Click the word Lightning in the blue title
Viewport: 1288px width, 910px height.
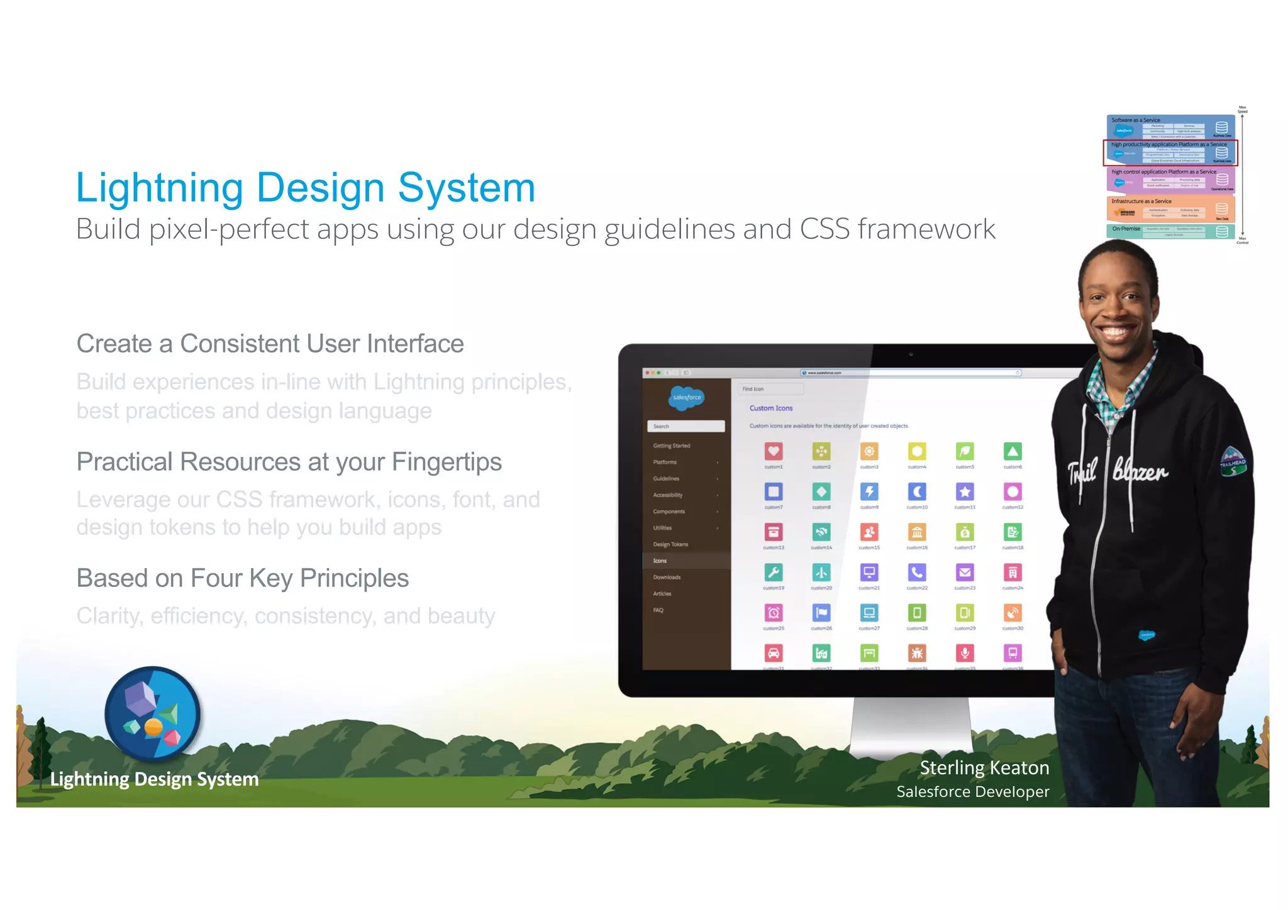tap(159, 188)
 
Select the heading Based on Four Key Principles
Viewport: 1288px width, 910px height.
tap(242, 578)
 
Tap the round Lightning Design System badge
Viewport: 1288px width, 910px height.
tap(152, 713)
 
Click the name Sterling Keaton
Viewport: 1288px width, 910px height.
tap(984, 767)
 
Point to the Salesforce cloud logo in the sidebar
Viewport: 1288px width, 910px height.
tap(686, 397)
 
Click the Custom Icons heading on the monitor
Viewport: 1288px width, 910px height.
tap(770, 408)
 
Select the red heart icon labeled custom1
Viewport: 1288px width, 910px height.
tap(774, 451)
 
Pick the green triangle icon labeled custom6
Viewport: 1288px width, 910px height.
tap(1013, 451)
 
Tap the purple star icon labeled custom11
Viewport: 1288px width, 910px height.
tap(965, 491)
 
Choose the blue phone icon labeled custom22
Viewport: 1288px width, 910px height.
tap(917, 572)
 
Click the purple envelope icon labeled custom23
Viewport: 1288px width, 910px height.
tap(965, 572)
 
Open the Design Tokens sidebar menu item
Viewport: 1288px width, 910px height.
tap(670, 544)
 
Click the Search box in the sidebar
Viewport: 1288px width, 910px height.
tap(686, 426)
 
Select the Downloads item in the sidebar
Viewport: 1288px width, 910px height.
tap(667, 577)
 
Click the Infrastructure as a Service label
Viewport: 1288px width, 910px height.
tap(1141, 201)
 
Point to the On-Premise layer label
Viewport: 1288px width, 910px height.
tap(1126, 229)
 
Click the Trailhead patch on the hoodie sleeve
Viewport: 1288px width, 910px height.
tap(1232, 462)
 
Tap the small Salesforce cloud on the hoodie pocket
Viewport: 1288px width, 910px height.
tap(1146, 635)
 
